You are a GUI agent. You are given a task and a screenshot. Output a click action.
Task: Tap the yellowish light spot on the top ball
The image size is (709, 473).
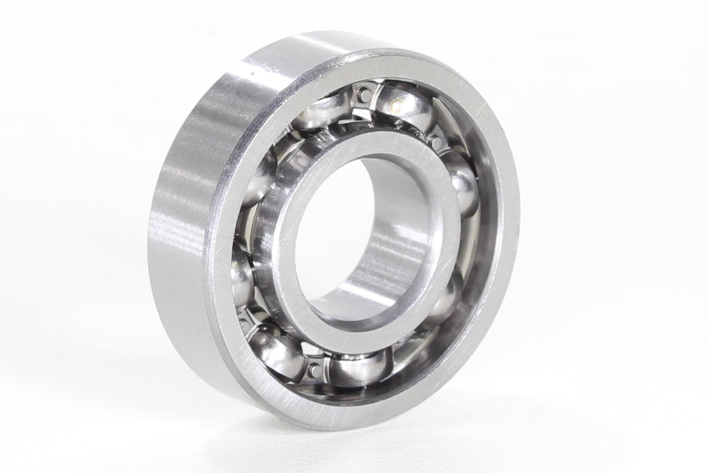click(397, 103)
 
